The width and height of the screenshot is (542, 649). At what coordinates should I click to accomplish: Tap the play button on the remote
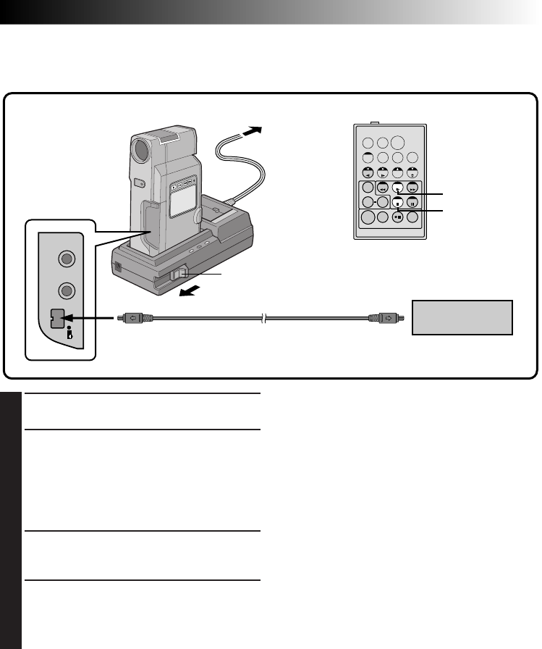(x=397, y=187)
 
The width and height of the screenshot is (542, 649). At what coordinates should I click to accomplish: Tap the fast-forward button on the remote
(x=412, y=187)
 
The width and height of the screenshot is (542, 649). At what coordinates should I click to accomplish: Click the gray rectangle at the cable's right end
(x=462, y=317)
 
